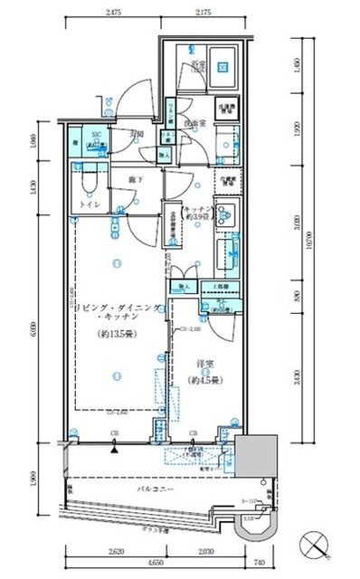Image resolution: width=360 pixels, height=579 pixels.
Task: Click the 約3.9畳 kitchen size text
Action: [197, 218]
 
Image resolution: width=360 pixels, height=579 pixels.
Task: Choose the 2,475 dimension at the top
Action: [113, 13]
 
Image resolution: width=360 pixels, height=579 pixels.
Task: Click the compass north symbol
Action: [322, 545]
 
